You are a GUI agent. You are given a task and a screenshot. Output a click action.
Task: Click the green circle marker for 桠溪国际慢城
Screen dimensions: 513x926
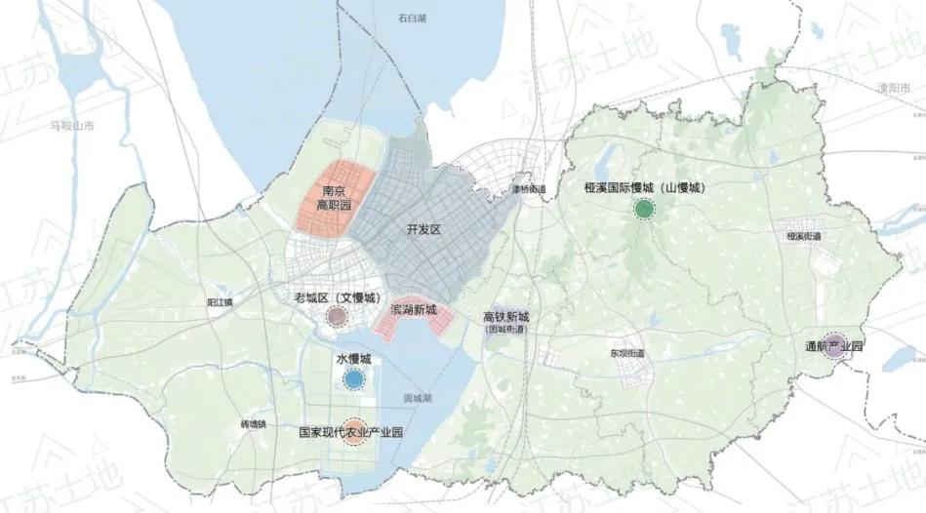(x=643, y=209)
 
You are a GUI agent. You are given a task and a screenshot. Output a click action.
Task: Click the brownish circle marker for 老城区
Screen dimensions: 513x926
(x=337, y=315)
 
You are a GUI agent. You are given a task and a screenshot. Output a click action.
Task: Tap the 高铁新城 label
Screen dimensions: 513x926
(x=506, y=317)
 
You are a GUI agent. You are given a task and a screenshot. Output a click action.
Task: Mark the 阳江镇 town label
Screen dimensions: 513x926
(x=221, y=303)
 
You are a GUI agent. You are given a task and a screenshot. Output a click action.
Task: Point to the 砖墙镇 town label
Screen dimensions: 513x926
(x=252, y=425)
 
